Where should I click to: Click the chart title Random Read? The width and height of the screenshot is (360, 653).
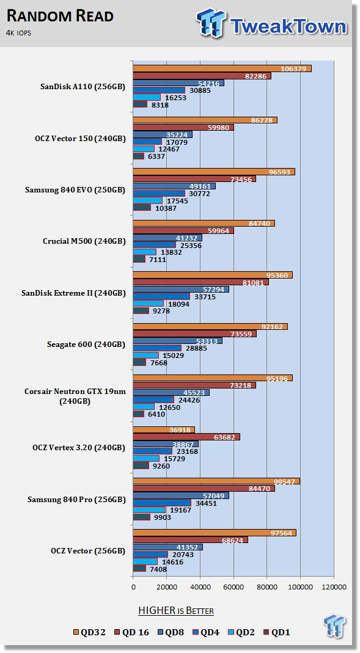[x=60, y=16]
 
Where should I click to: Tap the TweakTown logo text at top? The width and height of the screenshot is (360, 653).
[x=288, y=26]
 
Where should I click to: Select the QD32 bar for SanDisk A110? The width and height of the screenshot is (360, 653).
[x=222, y=68]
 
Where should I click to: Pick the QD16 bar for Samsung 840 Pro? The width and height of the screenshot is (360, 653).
[x=204, y=489]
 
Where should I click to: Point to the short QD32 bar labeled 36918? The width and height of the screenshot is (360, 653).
[x=164, y=430]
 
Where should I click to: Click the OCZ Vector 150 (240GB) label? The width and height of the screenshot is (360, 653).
[x=80, y=139]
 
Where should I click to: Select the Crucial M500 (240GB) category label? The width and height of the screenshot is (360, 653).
[x=84, y=241]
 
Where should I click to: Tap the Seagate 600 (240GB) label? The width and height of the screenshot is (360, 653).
[x=86, y=345]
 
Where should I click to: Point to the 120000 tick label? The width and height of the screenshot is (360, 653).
[x=334, y=587]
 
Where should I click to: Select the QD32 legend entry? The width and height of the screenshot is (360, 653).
[x=90, y=632]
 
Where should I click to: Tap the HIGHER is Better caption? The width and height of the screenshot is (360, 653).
[x=176, y=611]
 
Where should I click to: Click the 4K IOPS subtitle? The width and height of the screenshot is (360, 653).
[x=18, y=32]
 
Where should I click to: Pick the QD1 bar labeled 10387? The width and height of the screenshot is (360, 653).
[x=142, y=208]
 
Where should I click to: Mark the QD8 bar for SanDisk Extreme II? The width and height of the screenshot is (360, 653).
[x=181, y=290]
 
